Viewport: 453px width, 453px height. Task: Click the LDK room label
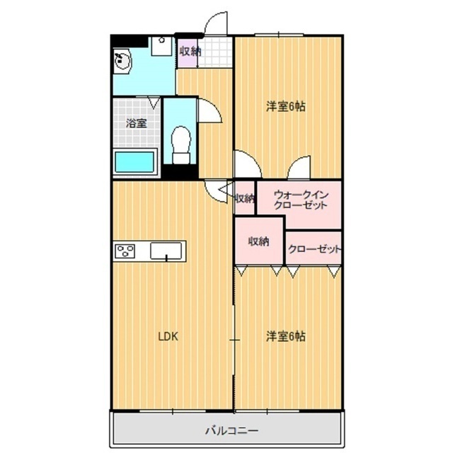tap(167, 336)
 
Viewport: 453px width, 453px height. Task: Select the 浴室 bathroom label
tap(136, 122)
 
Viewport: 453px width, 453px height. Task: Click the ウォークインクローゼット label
tap(299, 199)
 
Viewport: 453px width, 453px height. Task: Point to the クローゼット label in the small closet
tap(314, 249)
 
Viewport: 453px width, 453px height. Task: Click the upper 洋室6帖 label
tap(285, 107)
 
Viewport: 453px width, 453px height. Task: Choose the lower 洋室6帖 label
tap(285, 336)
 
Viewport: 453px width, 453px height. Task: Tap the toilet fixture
tap(181, 139)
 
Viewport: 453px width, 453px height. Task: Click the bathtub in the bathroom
tap(134, 161)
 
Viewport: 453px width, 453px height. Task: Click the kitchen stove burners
tap(125, 251)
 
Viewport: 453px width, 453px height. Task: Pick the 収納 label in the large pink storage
tap(258, 241)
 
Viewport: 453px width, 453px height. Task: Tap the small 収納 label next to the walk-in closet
tap(244, 198)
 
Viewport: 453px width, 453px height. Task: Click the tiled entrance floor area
tap(215, 51)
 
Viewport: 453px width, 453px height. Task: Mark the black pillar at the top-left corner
tap(128, 40)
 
